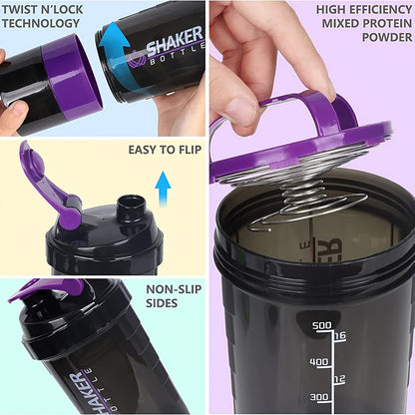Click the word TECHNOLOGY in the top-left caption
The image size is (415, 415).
[46, 23]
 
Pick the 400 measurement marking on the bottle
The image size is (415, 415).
[319, 362]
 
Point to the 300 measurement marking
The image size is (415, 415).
[319, 397]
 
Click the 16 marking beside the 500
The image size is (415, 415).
[339, 336]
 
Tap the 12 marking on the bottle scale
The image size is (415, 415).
[339, 380]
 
